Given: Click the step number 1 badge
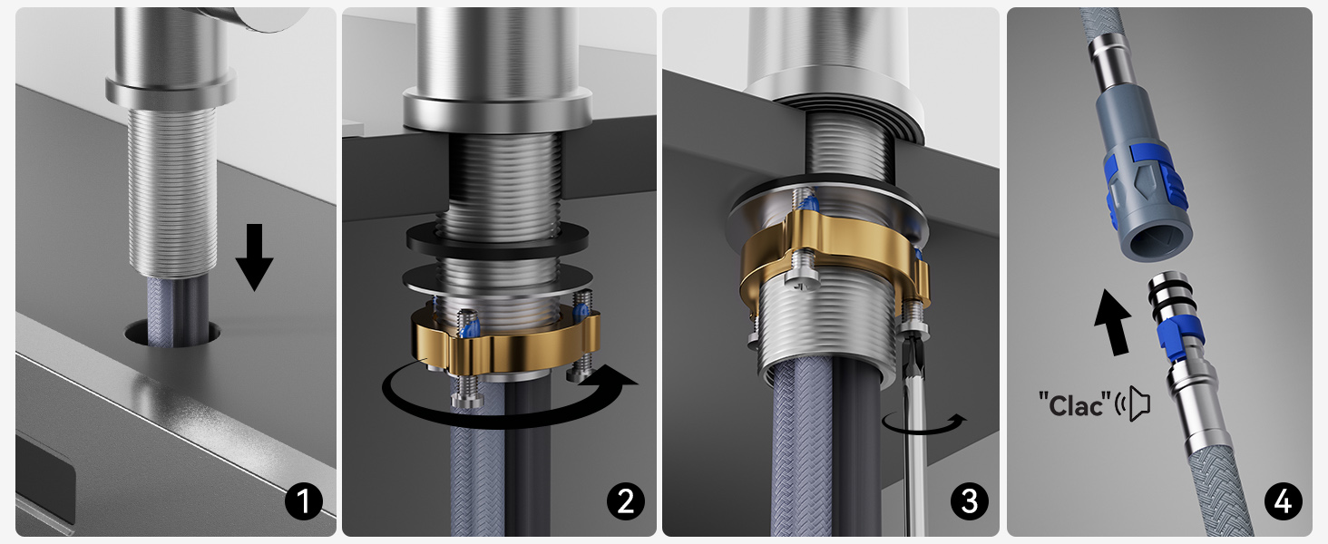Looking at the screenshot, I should click(304, 501).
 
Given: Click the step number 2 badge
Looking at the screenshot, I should click(624, 501).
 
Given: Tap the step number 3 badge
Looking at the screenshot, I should click(970, 501).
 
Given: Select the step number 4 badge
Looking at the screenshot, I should click(1281, 501).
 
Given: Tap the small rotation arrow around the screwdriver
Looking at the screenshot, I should click(925, 424).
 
